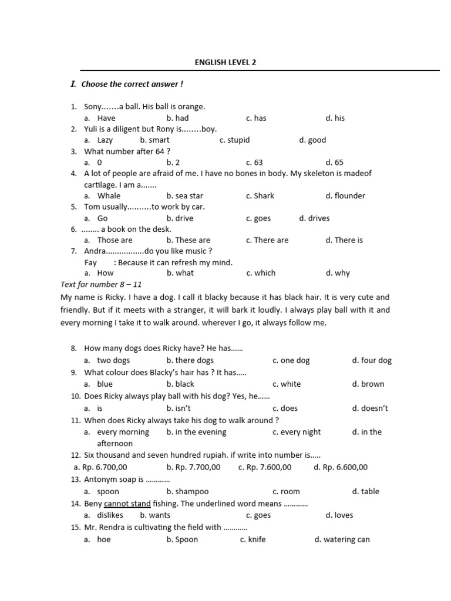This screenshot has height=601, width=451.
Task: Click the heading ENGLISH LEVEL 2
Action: [x=225, y=62]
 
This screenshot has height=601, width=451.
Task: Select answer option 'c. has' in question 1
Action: [x=256, y=118]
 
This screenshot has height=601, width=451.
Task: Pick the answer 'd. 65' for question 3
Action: [x=335, y=162]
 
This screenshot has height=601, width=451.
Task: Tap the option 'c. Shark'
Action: [x=260, y=195]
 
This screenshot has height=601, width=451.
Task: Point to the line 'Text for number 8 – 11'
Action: [x=101, y=284]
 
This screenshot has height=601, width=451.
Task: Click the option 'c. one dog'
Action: [x=291, y=360]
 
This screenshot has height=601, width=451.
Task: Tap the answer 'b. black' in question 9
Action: [x=180, y=384]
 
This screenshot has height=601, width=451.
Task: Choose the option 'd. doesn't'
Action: [x=370, y=408]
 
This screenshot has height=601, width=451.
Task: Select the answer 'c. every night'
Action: [x=297, y=432]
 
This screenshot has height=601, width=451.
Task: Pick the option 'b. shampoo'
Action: [x=187, y=491]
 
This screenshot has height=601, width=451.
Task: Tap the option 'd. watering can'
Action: [x=342, y=539]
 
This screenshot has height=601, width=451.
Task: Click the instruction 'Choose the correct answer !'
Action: [x=132, y=84]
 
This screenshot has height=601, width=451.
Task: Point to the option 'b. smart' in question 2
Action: [x=155, y=140]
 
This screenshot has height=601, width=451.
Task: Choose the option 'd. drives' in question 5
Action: [x=314, y=218]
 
